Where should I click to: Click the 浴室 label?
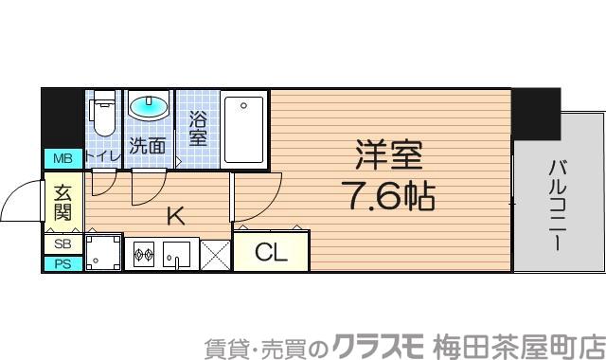tap(198, 128)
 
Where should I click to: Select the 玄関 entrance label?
tap(62, 201)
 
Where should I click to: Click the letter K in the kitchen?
tap(175, 215)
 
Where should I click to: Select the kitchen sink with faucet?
tap(176, 254)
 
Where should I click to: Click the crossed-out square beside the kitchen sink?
tap(214, 254)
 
